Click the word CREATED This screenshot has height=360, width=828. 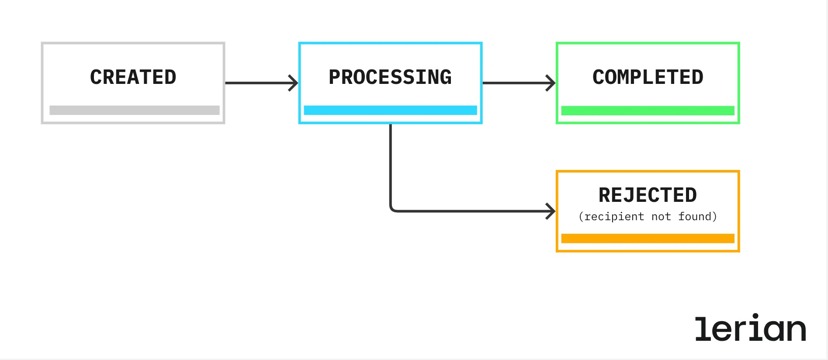click(133, 77)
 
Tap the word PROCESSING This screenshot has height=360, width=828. click(390, 77)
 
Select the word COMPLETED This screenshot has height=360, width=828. click(648, 77)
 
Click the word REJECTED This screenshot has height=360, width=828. click(648, 195)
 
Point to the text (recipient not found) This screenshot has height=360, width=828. click(648, 217)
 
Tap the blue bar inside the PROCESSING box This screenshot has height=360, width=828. click(390, 110)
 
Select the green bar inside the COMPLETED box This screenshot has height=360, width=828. click(648, 111)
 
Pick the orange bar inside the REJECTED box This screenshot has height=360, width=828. click(648, 239)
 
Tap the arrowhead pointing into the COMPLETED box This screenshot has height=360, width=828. click(551, 83)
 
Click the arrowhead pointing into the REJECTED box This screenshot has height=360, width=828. click(551, 211)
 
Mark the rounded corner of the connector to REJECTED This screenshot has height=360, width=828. click(392, 209)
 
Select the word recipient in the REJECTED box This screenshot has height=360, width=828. click(614, 217)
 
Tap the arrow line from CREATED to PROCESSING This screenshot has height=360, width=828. click(258, 83)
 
